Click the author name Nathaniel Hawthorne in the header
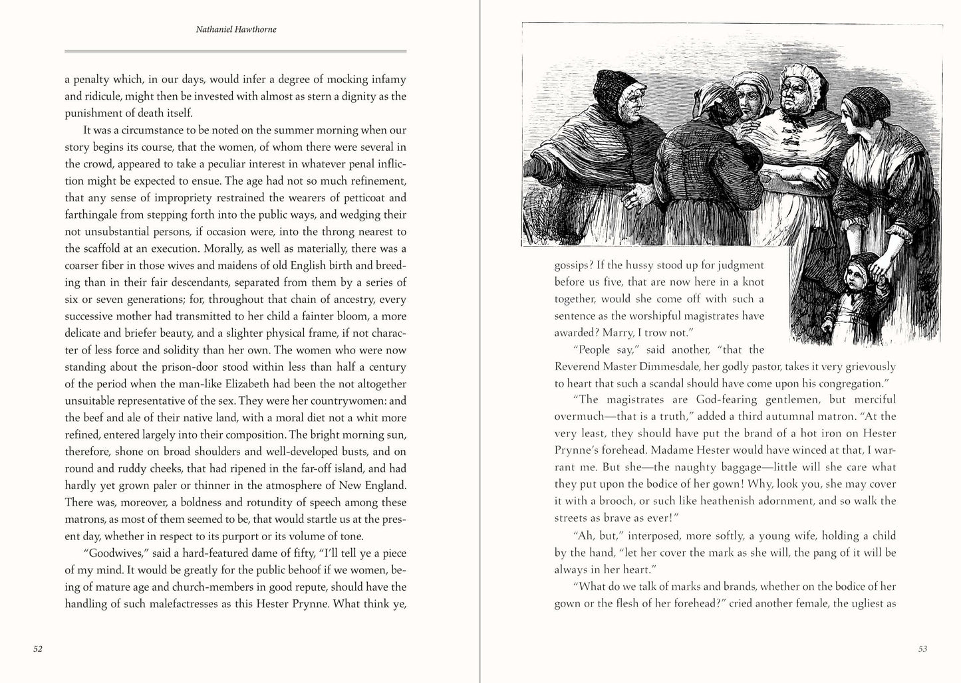tap(236, 30)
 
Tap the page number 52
tap(38, 648)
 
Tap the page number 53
tap(922, 648)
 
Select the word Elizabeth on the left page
tap(274, 384)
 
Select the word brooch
tap(616, 501)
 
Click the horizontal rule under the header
tap(235, 51)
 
